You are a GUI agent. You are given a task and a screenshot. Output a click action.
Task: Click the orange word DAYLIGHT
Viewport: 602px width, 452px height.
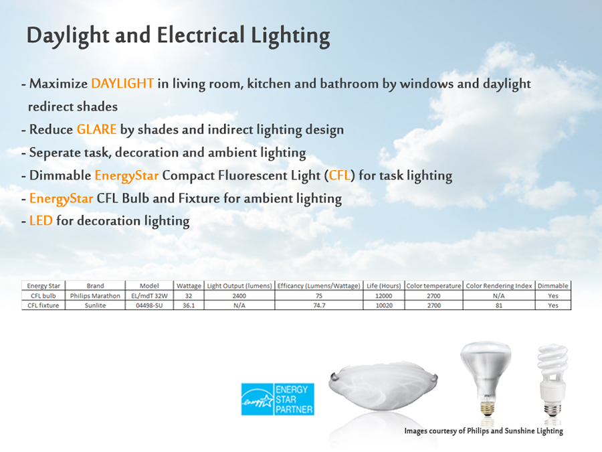122,84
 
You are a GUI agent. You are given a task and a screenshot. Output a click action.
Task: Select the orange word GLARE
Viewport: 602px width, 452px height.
96,129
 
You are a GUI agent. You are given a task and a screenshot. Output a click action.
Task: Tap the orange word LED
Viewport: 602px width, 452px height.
41,220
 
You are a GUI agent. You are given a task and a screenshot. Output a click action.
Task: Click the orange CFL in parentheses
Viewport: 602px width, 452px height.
340,175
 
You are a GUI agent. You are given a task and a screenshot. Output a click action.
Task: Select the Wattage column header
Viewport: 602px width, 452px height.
189,286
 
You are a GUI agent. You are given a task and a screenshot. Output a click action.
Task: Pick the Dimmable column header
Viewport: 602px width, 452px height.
553,286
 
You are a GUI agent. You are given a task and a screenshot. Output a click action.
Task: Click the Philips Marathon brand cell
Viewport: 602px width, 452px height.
95,296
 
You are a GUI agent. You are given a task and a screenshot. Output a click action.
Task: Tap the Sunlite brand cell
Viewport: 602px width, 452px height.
95,305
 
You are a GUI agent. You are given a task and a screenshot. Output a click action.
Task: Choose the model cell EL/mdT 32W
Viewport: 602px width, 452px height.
149,296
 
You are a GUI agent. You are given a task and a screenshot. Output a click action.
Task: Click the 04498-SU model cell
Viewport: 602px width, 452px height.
149,305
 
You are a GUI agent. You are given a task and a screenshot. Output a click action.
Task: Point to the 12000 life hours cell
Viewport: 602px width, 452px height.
383,296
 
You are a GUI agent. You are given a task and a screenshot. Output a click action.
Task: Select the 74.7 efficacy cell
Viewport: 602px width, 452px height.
319,305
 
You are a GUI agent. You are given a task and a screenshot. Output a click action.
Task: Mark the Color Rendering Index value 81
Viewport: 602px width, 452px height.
499,305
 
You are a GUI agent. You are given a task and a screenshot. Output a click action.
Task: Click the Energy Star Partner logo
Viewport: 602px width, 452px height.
278,399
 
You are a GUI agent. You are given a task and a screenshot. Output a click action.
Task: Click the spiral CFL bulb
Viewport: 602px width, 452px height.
553,380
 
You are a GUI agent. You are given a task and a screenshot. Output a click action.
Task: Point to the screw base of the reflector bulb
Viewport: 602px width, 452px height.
487,407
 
